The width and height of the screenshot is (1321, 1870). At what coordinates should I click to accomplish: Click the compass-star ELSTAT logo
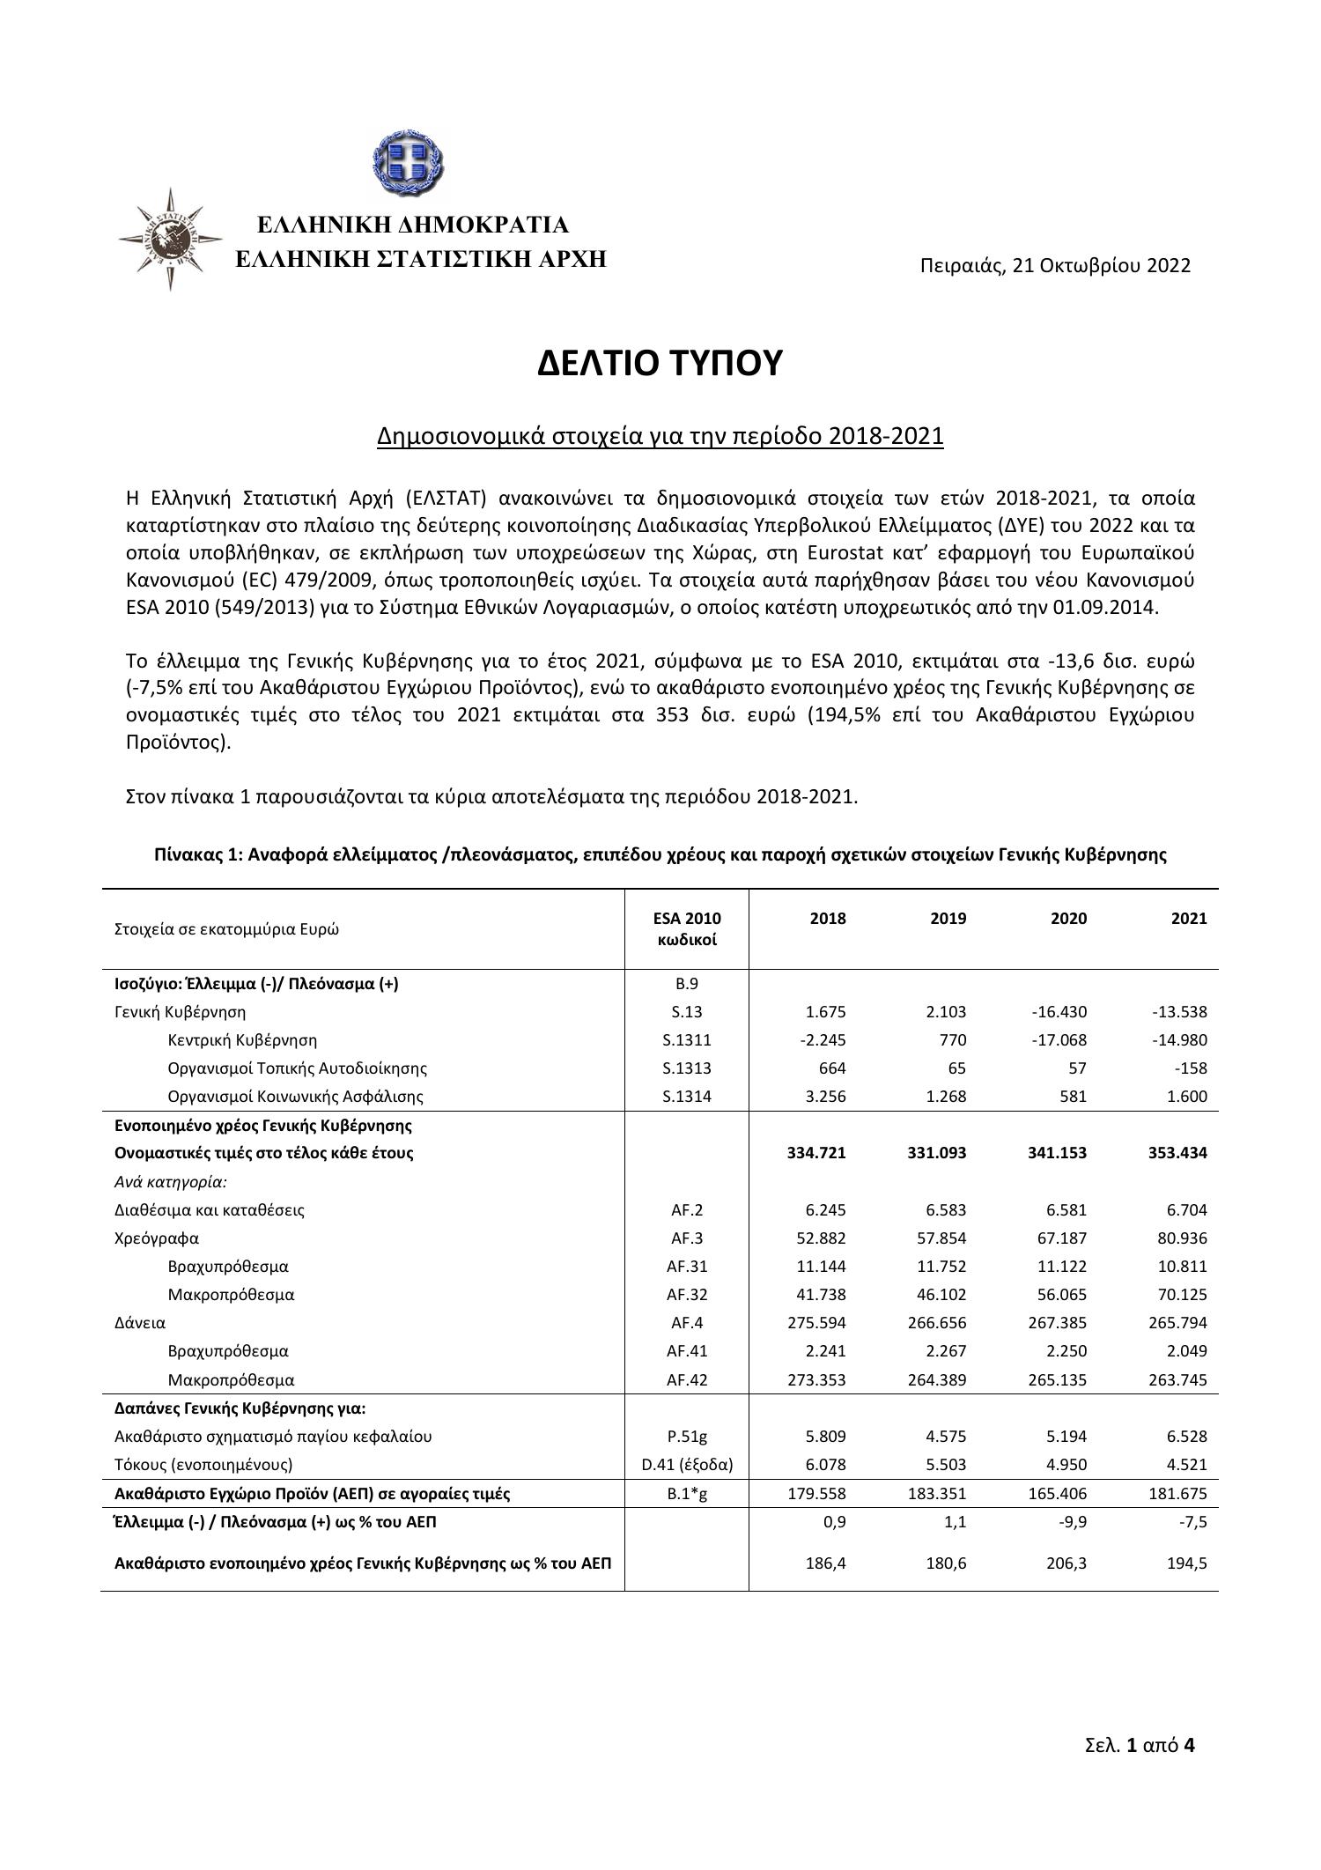pos(171,239)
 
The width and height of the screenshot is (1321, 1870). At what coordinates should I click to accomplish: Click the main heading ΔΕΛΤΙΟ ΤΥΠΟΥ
pos(660,362)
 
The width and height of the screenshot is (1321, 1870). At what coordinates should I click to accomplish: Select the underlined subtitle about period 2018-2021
pos(660,436)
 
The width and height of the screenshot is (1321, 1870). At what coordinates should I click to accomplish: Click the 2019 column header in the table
pos(948,919)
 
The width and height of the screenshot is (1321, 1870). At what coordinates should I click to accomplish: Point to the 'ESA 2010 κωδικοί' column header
pos(687,928)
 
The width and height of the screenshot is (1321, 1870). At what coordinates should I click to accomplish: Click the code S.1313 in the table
pos(687,1068)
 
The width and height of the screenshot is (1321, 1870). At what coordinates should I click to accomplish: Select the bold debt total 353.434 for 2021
pos(1177,1153)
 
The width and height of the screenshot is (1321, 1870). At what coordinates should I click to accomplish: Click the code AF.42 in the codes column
pos(687,1379)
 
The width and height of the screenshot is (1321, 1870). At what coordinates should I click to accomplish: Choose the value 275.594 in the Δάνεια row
pos(815,1322)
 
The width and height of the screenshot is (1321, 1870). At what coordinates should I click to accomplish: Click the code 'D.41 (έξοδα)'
pos(687,1464)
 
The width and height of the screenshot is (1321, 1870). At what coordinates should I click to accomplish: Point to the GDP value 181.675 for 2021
pos(1177,1493)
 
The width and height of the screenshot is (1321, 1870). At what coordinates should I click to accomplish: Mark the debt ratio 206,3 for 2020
pos(1066,1563)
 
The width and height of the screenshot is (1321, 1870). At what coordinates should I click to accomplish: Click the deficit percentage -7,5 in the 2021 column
pos(1191,1521)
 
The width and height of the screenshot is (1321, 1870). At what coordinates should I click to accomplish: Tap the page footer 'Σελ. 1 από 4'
pos(1140,1744)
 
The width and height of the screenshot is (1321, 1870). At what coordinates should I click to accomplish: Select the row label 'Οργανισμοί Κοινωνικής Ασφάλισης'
pos(295,1097)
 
